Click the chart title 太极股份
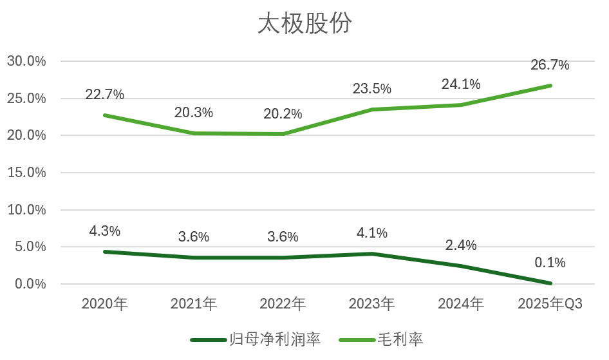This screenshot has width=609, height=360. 304,24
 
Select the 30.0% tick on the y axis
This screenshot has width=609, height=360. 26,62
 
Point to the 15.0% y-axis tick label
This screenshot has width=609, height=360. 26,173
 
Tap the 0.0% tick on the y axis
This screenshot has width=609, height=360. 30,284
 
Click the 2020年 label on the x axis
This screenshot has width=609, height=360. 105,305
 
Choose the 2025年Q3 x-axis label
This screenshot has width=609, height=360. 550,305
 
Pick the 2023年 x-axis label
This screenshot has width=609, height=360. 371,305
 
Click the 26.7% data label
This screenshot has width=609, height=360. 550,65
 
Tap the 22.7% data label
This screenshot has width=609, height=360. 105,95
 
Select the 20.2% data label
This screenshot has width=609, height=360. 283,114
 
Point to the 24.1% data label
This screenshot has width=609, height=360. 461,84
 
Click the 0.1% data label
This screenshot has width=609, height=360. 550,263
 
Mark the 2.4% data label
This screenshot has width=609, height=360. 461,245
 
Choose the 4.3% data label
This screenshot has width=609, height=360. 105,231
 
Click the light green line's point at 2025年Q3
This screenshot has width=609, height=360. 550,86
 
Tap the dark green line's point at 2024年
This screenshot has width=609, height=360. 461,266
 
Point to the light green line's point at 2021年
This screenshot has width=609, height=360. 194,133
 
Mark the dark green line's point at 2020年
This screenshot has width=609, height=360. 105,252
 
